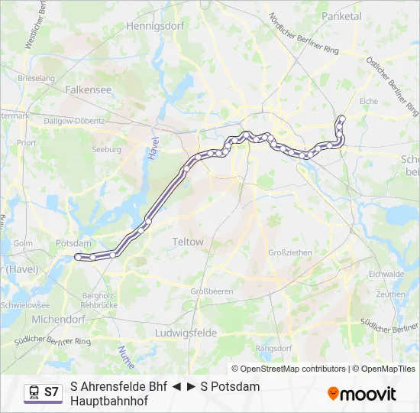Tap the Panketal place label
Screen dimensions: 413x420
[x=341, y=15]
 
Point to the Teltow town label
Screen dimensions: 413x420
[x=188, y=242]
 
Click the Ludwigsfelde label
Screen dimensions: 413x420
[x=186, y=333]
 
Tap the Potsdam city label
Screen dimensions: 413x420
[x=73, y=243]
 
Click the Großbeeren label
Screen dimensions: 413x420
[x=212, y=291]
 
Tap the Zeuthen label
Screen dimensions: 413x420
[x=390, y=294]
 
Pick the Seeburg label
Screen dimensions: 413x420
[x=107, y=150]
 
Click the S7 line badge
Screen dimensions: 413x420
[x=51, y=392]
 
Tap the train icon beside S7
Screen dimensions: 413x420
[x=33, y=392]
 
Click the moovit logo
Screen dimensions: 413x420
[x=362, y=394]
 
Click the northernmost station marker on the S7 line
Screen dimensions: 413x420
[x=341, y=118]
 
